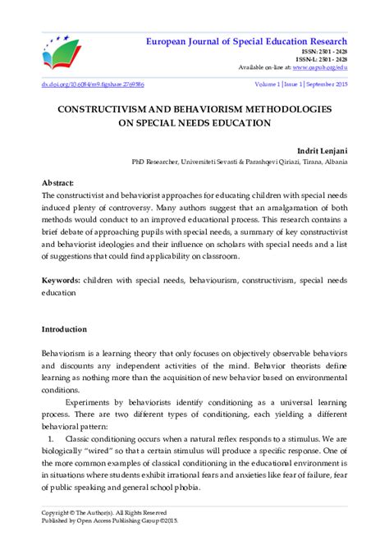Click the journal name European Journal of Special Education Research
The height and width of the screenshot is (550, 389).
click(x=247, y=41)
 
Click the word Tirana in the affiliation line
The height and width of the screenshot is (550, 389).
click(x=296, y=163)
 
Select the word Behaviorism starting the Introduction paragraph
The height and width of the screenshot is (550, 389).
click(x=65, y=351)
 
